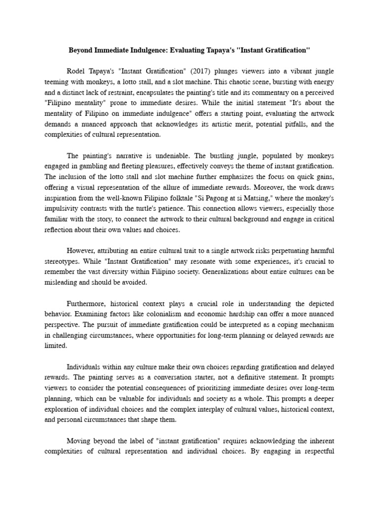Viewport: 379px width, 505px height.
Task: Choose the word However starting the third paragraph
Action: (x=80, y=251)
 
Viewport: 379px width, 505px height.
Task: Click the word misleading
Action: (x=61, y=283)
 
